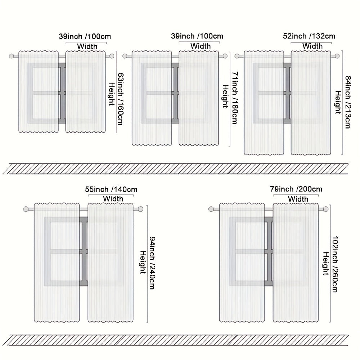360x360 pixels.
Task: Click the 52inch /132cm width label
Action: pyautogui.click(x=309, y=36)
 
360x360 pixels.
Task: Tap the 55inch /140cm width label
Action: pyautogui.click(x=111, y=189)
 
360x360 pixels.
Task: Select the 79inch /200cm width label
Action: pyautogui.click(x=296, y=189)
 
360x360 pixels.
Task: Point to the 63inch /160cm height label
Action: pyautogui.click(x=120, y=99)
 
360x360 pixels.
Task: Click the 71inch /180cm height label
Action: pyautogui.click(x=234, y=98)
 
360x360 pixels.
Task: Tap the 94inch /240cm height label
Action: pyautogui.click(x=152, y=263)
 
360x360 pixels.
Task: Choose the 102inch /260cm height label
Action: pyautogui.click(x=335, y=264)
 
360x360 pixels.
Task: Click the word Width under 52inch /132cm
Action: pyautogui.click(x=312, y=46)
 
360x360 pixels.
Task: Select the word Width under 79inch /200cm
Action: pyautogui.click(x=298, y=199)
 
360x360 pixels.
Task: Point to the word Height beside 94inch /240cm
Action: pyautogui.click(x=143, y=262)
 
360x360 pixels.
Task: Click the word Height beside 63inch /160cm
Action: pyautogui.click(x=111, y=94)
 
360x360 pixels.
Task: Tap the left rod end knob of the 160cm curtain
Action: pyautogui.click(x=12, y=56)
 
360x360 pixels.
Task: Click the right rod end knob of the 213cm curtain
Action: pyautogui.click(x=337, y=56)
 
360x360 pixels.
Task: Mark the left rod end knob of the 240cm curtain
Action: pyautogui.click(x=26, y=209)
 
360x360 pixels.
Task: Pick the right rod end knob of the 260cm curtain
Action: pyautogui.click(x=325, y=209)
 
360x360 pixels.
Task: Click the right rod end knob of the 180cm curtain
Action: pyautogui.click(x=225, y=56)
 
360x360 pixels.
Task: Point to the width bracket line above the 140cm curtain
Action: pyautogui.click(x=111, y=195)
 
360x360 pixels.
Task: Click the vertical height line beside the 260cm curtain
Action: pyautogui.click(x=330, y=264)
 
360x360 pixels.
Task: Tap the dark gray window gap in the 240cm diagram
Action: pyautogui.click(x=84, y=251)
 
